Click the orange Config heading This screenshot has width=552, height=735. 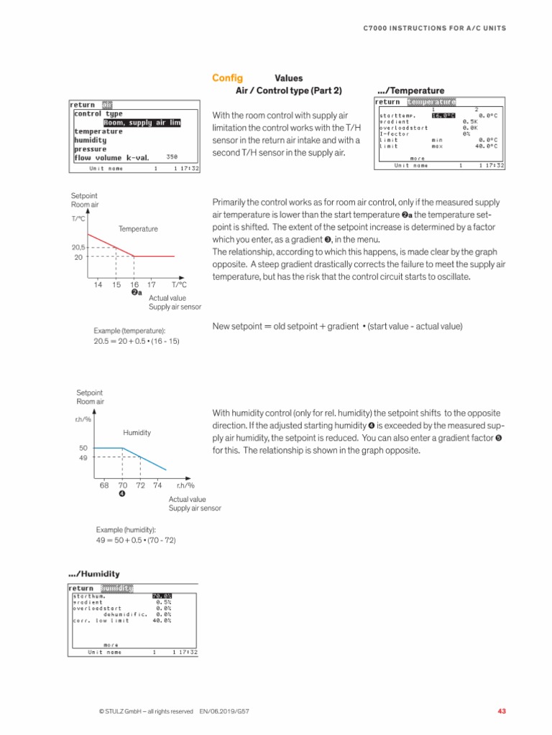tap(226, 78)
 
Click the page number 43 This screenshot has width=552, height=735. tap(502, 711)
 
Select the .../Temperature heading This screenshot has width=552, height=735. tap(410, 91)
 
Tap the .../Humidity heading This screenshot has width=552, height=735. tap(93, 574)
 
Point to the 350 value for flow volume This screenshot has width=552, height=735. tap(172, 156)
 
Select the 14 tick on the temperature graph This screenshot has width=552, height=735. tap(98, 285)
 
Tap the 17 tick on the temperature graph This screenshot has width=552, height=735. tap(151, 285)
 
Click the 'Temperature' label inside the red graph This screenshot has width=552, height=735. tap(138, 229)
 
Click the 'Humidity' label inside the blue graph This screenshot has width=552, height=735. tap(137, 434)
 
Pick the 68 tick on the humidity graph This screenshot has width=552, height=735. tap(104, 485)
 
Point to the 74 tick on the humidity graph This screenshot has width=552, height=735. tap(157, 485)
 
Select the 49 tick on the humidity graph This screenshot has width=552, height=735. tap(83, 457)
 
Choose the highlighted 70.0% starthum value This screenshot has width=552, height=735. tap(162, 596)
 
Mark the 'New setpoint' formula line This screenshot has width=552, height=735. tap(338, 327)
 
